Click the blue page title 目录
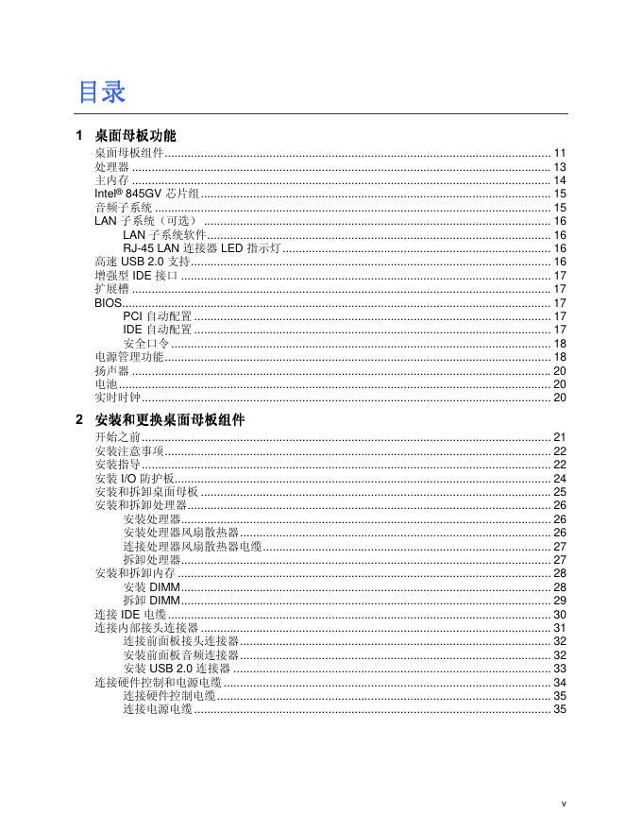pos(102,93)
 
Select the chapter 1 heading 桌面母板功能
pos(136,136)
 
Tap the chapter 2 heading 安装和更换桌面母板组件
pos(170,420)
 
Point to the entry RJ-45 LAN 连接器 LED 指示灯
pos(202,248)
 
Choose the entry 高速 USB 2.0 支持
pos(143,262)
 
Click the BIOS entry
pos(109,303)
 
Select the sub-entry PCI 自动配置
pos(157,316)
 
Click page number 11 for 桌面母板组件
pos(559,153)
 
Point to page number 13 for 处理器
pos(559,166)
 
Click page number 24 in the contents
pos(559,479)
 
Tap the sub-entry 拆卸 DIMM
pos(151,601)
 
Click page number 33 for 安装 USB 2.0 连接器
pos(559,669)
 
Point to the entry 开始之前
pos(117,437)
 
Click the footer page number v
pos(564,804)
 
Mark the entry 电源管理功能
pos(128,357)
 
